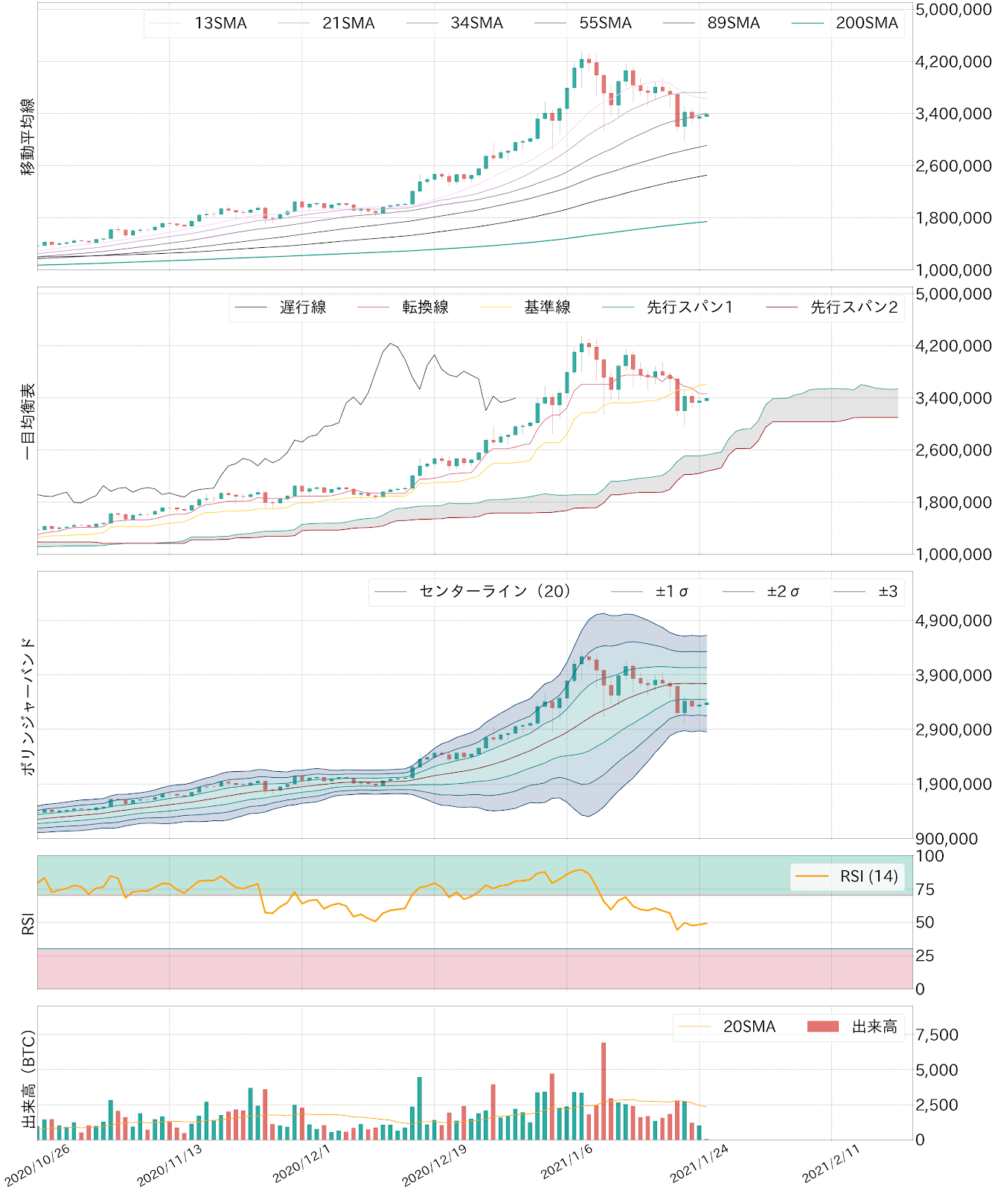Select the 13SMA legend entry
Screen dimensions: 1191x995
[x=220, y=23]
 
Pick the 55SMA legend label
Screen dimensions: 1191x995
[x=605, y=23]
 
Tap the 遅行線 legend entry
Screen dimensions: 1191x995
[x=303, y=307]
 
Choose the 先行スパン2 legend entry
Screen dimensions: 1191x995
[x=854, y=307]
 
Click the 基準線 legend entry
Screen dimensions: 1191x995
[x=547, y=307]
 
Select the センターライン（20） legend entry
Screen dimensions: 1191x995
[x=495, y=592]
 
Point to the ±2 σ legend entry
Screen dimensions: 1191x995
[x=783, y=592]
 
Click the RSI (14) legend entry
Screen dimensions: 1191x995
[x=868, y=876]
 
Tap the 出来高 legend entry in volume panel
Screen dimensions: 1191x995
[x=874, y=1026]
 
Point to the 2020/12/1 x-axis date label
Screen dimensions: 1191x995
[x=301, y=1163]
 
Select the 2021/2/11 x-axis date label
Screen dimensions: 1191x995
[x=831, y=1163]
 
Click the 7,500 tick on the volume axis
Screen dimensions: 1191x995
[x=937, y=1035]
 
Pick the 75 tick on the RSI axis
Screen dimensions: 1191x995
[x=925, y=890]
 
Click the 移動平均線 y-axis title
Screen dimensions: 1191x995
[x=28, y=136]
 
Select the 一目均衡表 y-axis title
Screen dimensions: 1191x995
[x=28, y=421]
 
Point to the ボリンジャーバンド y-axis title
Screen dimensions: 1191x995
[x=28, y=706]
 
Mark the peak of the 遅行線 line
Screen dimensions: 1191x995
[x=391, y=343]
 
